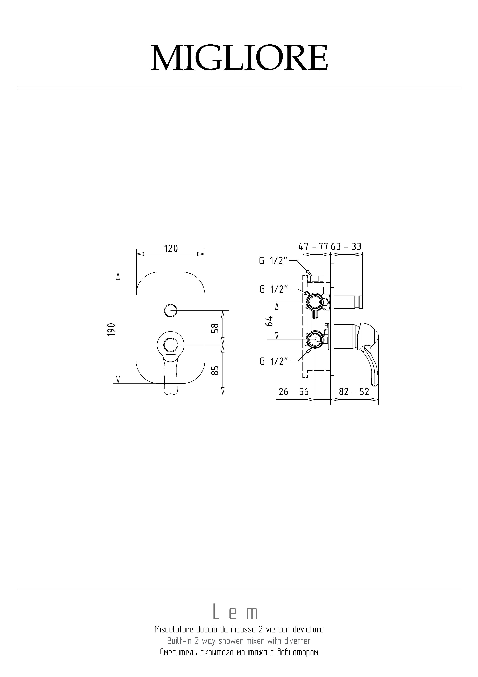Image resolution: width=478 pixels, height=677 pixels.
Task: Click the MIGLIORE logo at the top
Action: [239, 58]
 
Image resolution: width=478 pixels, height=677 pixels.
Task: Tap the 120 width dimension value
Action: [171, 249]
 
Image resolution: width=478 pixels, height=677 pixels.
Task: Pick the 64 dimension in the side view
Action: [269, 321]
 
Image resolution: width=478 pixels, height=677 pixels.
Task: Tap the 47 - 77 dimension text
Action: [313, 247]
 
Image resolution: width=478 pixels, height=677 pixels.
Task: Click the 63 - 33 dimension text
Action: [346, 247]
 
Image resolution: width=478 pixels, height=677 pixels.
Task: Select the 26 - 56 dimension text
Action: [294, 392]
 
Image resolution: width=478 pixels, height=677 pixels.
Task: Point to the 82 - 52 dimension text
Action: [354, 392]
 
